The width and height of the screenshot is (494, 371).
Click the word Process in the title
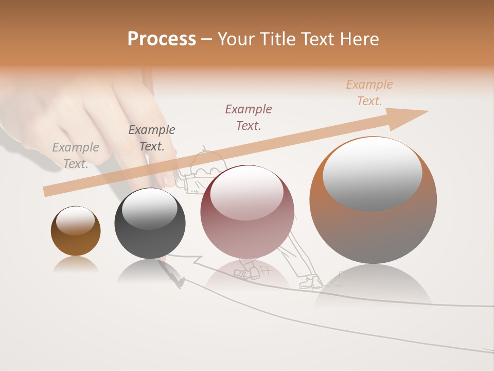162,39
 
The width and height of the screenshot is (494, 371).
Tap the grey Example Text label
76,156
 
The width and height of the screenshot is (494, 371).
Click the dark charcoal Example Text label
152,138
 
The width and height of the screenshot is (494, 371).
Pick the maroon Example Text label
249,117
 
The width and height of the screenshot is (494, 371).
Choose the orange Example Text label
369,93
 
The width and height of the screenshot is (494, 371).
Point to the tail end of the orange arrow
46,191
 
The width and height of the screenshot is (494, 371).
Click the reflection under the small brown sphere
76,265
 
